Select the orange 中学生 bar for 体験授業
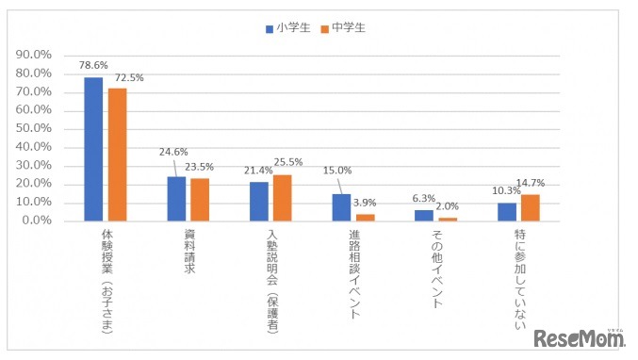tap(117, 155)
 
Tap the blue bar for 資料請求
tap(176, 199)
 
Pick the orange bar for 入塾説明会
tap(283, 198)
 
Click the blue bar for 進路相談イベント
tap(341, 207)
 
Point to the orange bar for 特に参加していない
tap(531, 207)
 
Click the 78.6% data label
tap(93, 66)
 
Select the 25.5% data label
tap(289, 162)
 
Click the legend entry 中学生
tap(343, 27)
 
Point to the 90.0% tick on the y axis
tap(34, 56)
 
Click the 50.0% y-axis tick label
tap(34, 129)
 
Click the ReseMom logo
tap(577, 336)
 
